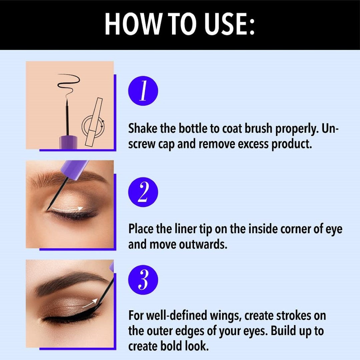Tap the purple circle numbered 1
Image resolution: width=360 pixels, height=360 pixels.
(143, 91)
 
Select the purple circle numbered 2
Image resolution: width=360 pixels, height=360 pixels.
(143, 192)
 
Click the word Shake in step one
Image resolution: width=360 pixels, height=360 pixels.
(144, 129)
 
